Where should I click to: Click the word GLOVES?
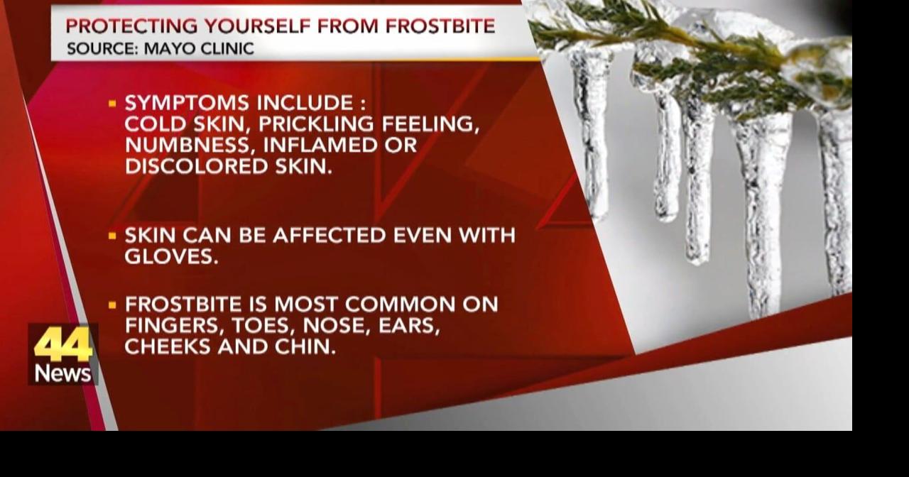[x=171, y=256]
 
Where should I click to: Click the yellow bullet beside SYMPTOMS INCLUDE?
[x=112, y=104]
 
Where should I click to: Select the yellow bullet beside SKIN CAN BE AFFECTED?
[x=112, y=236]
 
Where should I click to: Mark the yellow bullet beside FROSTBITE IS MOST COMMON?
[x=112, y=305]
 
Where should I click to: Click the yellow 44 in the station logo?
[x=63, y=344]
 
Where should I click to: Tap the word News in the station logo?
[x=63, y=373]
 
